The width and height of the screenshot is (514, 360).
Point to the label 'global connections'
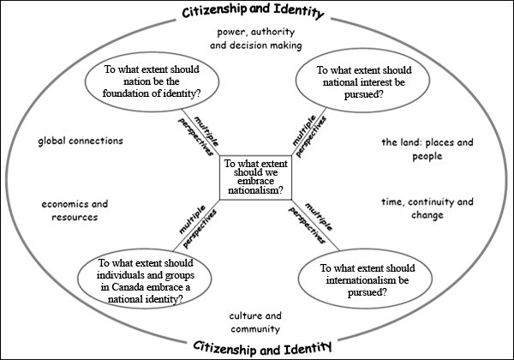[x=81, y=141]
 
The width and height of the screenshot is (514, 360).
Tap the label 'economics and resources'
[x=75, y=211]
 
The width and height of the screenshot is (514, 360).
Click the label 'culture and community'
[x=255, y=321]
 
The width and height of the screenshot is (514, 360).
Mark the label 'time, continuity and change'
[x=427, y=208]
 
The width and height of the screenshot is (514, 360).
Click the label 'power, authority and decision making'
[x=256, y=39]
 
